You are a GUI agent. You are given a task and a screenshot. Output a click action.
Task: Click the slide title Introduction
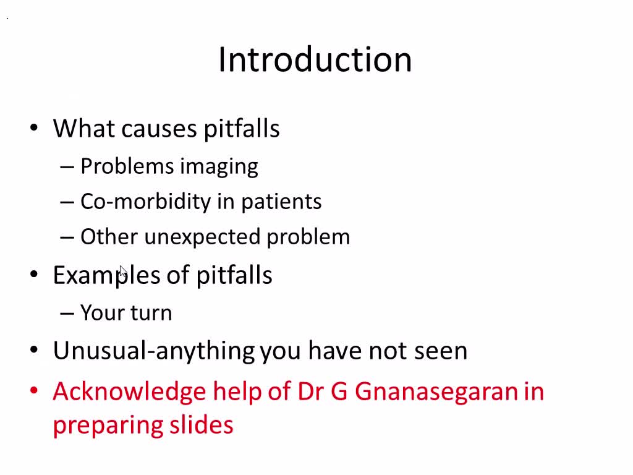point(315,60)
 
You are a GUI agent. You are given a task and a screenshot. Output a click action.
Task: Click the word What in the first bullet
point(84,129)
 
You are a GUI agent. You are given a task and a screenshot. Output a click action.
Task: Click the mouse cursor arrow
point(122,272)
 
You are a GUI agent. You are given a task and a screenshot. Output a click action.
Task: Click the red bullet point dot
point(35,391)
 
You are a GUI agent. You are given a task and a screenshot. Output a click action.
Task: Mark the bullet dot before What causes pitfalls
point(35,129)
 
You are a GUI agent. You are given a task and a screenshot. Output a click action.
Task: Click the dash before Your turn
point(67,314)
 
